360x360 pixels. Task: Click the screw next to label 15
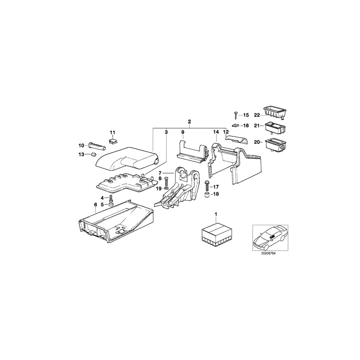236,115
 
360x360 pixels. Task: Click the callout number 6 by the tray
96,204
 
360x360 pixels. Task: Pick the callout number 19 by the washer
158,188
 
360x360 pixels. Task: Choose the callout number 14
216,131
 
